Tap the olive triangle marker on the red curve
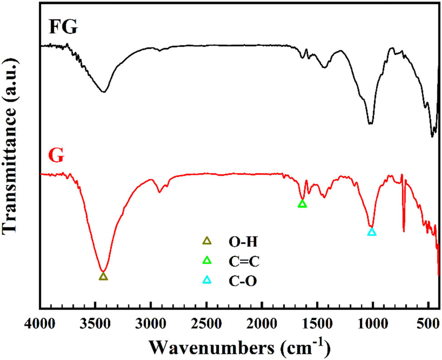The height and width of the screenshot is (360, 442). (103, 276)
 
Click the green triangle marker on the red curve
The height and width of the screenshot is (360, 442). (302, 204)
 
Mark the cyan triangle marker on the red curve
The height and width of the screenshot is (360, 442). (372, 232)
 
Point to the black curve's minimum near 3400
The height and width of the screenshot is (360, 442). (104, 92)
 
